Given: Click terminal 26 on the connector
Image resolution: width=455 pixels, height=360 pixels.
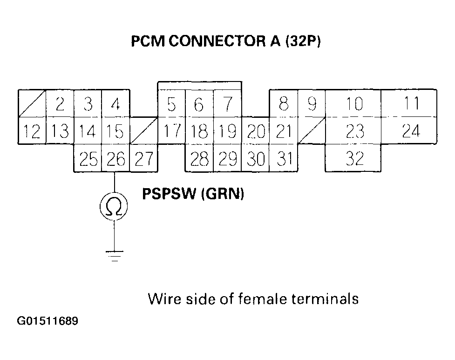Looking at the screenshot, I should click(x=115, y=159).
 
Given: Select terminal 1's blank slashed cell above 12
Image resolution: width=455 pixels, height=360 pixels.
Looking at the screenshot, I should click(x=32, y=103).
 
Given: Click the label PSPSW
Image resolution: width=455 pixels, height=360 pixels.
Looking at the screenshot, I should click(x=170, y=194).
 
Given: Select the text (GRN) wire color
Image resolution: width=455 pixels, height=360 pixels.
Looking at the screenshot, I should click(x=223, y=194).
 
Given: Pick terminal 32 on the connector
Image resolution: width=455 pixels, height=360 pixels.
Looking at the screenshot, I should click(x=354, y=159).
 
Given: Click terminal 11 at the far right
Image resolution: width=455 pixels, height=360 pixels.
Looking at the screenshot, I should click(x=410, y=103).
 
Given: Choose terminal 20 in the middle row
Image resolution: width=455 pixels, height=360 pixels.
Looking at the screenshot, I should click(x=255, y=131).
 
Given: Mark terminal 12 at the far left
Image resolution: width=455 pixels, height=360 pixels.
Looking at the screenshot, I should click(x=32, y=131).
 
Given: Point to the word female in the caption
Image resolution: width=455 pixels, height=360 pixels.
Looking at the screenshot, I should click(x=264, y=298).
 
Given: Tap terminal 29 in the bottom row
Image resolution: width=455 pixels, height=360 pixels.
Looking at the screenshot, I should click(x=227, y=159).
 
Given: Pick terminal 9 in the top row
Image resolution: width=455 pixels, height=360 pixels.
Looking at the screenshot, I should click(x=312, y=103).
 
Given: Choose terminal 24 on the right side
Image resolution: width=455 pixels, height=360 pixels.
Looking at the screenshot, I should click(x=410, y=131).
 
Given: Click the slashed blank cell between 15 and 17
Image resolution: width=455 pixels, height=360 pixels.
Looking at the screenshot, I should click(x=143, y=131).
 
